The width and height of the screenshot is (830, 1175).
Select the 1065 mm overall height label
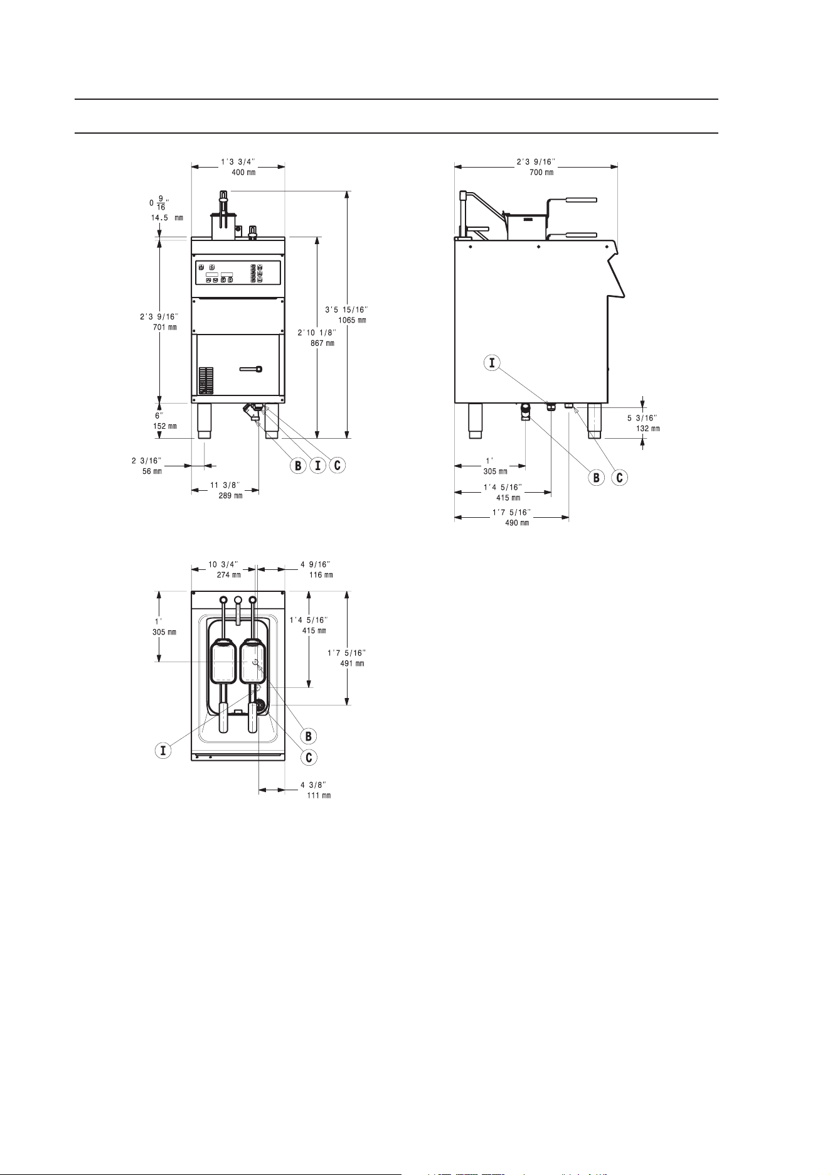click(x=353, y=320)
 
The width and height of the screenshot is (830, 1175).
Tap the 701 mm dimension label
click(x=164, y=327)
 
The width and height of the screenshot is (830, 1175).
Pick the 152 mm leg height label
click(x=164, y=426)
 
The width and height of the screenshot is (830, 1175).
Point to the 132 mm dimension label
click(x=647, y=429)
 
